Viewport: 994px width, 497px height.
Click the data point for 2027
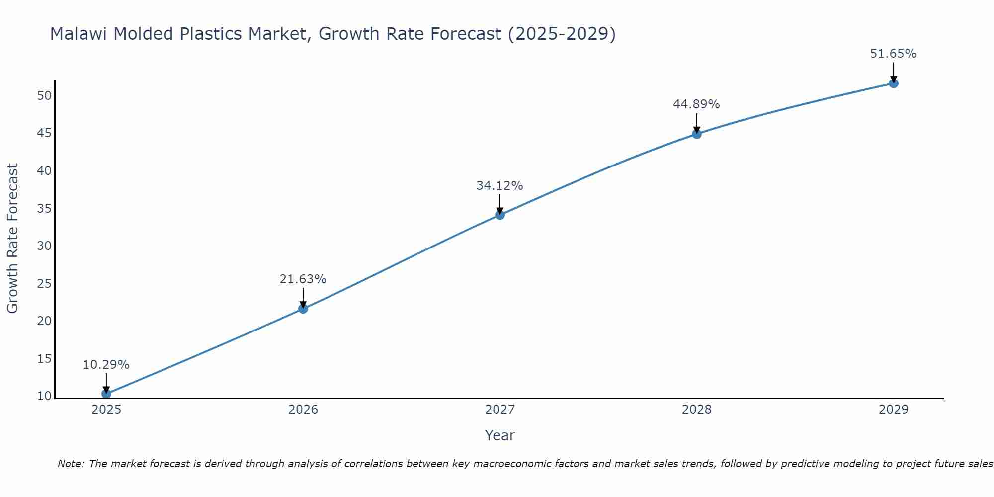tap(499, 215)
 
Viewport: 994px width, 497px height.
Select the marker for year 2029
tap(893, 83)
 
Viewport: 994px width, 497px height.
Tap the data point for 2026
tap(303, 309)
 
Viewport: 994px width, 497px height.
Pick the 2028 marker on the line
tap(696, 134)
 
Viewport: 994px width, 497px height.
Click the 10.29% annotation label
tap(106, 365)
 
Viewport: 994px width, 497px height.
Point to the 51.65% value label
tap(893, 54)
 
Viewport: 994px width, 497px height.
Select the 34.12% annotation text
tap(499, 186)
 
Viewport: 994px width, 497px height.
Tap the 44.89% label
tap(696, 104)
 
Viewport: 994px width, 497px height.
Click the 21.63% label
tap(303, 279)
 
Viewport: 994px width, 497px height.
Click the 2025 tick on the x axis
tap(106, 410)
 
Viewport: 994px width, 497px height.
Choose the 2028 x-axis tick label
tap(696, 410)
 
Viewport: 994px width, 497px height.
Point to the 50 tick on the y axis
tap(44, 95)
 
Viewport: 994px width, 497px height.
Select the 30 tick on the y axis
tap(44, 246)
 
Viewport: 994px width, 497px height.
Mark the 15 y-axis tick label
tap(44, 359)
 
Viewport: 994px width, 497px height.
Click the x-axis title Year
tap(499, 435)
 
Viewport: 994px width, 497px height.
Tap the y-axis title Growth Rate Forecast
tap(12, 238)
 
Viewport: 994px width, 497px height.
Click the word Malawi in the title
tap(80, 34)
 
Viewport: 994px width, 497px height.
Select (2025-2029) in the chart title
tap(562, 34)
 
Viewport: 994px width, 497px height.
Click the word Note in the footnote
tap(71, 464)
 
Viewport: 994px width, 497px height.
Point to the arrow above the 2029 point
tap(893, 71)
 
